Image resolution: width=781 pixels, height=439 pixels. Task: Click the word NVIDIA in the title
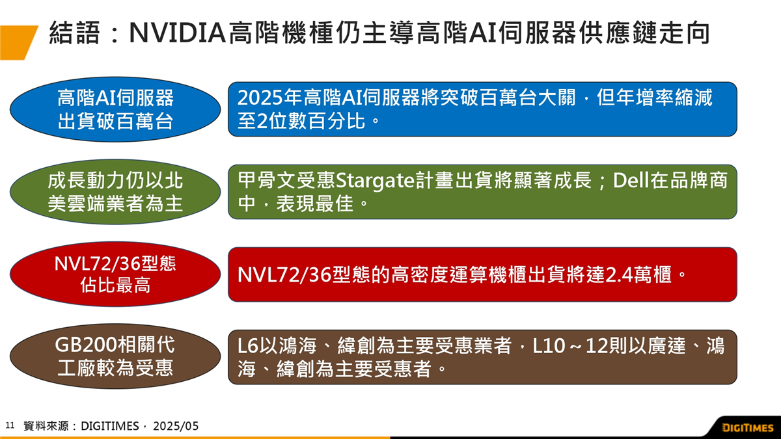point(178,33)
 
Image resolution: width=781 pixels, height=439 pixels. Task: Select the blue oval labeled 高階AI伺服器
point(115,109)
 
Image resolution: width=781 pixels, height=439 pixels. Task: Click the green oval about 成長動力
point(115,192)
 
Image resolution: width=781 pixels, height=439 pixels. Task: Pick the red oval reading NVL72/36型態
point(115,274)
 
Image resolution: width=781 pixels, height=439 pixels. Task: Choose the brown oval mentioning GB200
point(115,356)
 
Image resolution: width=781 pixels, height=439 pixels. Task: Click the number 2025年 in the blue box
point(269,98)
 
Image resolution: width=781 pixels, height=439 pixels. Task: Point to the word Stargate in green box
point(374,181)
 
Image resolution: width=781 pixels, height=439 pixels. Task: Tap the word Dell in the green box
point(629,181)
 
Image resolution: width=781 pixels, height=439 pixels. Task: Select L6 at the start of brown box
point(247,346)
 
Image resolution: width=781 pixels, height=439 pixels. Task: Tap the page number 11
point(10,425)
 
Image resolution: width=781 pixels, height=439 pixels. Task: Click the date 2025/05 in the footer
point(176,426)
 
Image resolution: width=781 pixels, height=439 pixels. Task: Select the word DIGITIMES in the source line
point(110,426)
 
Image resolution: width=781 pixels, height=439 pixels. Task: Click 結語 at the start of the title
point(75,33)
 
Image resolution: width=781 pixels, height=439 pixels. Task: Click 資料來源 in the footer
point(47,426)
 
